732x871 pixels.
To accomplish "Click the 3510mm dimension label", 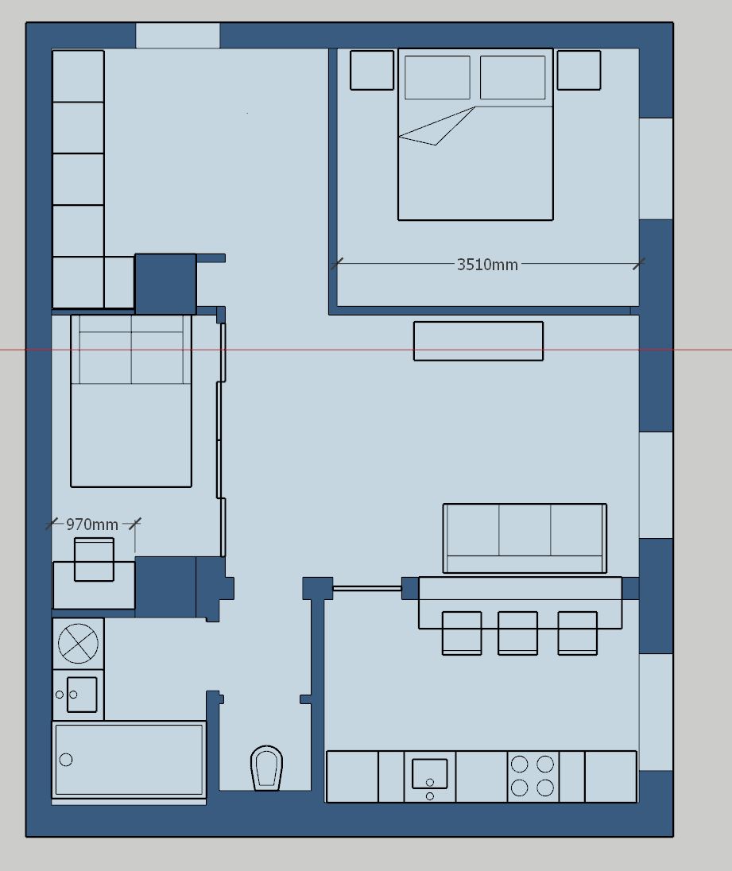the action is point(487,265).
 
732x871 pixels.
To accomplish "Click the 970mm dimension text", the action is point(92,525).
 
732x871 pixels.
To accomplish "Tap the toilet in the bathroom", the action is point(266,768).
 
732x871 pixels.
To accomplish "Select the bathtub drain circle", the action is point(65,760).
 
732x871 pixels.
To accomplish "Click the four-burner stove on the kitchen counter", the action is point(533,776).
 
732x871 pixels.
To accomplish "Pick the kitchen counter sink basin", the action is point(429,773).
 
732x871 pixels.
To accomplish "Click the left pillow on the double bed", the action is point(437,77).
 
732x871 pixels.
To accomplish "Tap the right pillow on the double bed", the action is point(512,77).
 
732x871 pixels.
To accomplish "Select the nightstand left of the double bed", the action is point(371,70).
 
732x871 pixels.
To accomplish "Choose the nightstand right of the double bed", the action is point(579,70).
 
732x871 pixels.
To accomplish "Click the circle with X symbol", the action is point(78,643).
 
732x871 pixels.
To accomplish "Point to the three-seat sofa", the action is point(525,538).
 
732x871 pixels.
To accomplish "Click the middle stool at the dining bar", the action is point(517,633).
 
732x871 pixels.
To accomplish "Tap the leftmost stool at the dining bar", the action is point(462,633).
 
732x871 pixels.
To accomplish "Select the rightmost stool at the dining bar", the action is point(578,633).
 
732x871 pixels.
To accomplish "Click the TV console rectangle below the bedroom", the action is point(478,341).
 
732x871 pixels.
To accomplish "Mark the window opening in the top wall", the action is point(178,36).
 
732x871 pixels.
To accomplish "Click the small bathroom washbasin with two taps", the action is point(79,695).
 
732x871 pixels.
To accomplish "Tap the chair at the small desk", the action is point(94,559).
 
